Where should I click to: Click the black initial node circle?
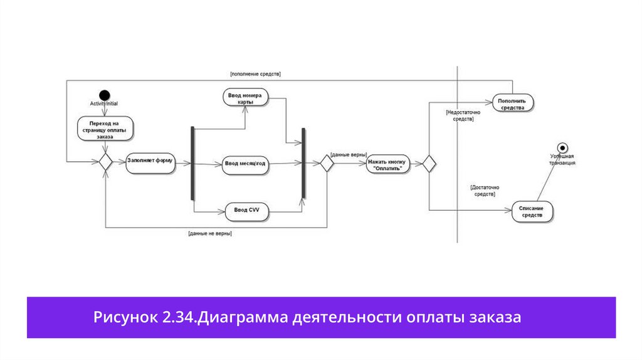point(104,94)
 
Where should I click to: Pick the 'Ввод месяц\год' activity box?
point(245,164)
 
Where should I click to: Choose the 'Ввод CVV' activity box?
point(247,211)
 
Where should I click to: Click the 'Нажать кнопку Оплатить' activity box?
point(387,164)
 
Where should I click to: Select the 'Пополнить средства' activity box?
point(512,103)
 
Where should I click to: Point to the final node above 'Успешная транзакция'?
point(562,147)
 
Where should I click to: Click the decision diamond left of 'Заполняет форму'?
point(105,162)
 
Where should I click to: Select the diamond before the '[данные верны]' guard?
point(327,163)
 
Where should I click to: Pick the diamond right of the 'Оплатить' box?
point(429,164)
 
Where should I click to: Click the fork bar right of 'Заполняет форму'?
point(193,163)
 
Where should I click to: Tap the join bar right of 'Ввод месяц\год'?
point(303,163)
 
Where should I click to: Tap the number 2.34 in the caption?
point(179,317)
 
